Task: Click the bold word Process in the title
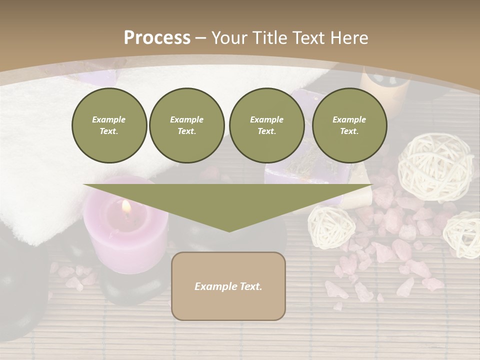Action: point(157,38)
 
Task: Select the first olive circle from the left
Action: point(109,125)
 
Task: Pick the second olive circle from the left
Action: point(186,125)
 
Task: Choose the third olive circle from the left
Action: point(266,125)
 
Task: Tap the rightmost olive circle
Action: point(349,125)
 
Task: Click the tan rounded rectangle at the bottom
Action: point(228,305)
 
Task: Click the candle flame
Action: point(126,206)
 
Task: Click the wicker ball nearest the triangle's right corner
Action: point(331,226)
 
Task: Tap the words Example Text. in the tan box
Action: point(228,286)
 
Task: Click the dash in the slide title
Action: point(201,38)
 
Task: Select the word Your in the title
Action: point(230,38)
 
